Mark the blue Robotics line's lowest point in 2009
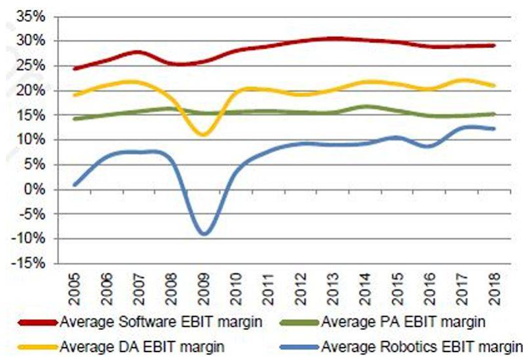tap(204, 233)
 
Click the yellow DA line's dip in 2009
tap(204, 135)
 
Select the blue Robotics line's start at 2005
tap(75, 185)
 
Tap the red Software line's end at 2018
tap(494, 45)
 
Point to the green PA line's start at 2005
tap(75, 119)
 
